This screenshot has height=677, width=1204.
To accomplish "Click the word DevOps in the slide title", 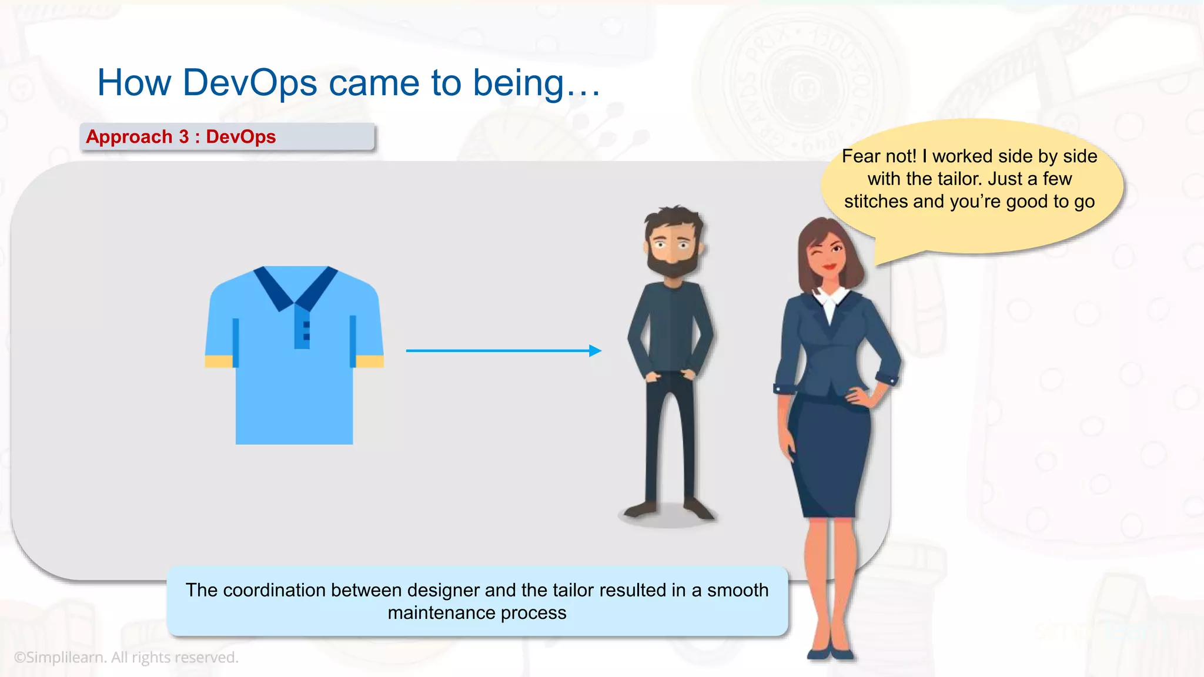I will tap(249, 83).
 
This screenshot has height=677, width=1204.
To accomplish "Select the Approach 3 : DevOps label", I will tap(180, 137).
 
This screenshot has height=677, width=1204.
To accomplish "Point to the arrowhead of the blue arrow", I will tap(595, 351).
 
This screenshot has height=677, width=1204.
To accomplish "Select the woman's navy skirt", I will tap(829, 453).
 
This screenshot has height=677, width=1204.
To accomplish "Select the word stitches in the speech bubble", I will tap(876, 202).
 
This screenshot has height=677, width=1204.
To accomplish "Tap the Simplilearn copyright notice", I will tap(126, 657).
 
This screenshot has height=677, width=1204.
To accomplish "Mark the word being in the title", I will tap(519, 83).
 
